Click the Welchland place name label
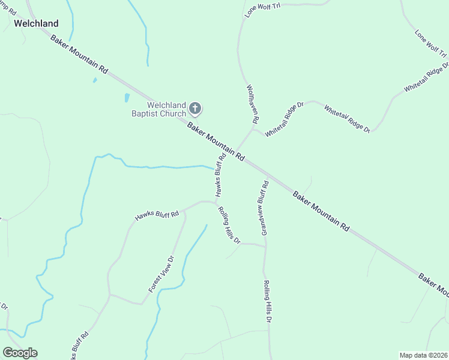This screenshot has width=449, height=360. (x=37, y=23)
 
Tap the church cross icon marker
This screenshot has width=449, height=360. (x=194, y=109)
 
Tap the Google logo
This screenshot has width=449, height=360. (x=20, y=353)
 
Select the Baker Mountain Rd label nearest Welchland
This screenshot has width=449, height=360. (x=79, y=54)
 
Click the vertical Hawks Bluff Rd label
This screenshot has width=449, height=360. (x=221, y=175)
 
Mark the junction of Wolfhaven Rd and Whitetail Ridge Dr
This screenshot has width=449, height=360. (x=255, y=127)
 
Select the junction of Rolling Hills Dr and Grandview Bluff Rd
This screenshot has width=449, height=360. (x=265, y=245)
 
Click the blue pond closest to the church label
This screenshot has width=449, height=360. (x=127, y=98)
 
